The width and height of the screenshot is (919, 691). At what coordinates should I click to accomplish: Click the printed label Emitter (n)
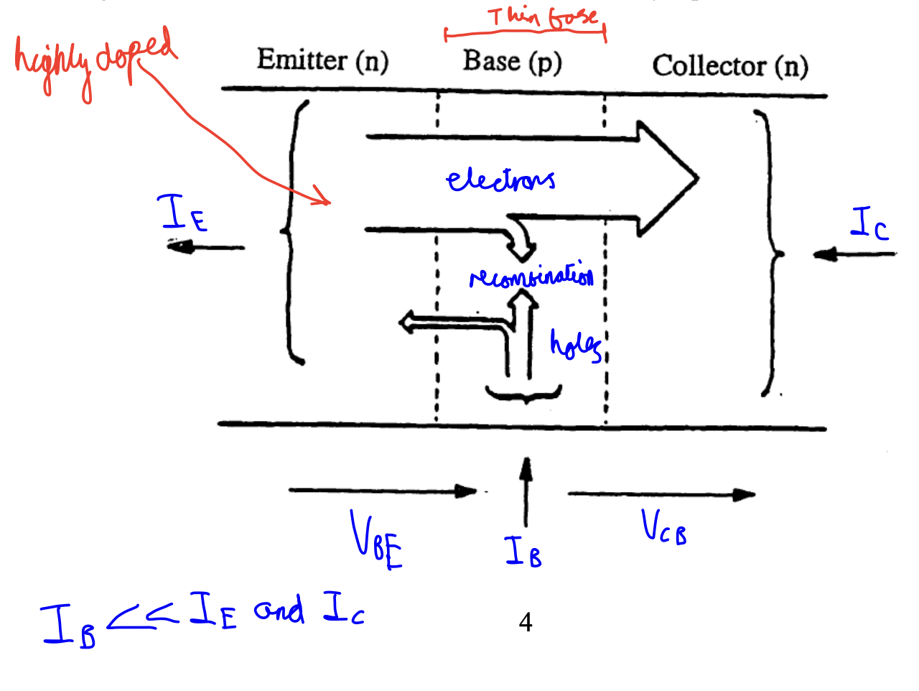coord(322,60)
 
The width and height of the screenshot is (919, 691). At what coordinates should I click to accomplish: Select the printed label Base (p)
coord(512,62)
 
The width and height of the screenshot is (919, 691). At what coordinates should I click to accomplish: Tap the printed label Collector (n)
coord(729,67)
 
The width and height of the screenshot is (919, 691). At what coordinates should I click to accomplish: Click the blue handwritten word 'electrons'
coord(500,180)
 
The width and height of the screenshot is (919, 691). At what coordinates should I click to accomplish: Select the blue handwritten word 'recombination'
coord(531,277)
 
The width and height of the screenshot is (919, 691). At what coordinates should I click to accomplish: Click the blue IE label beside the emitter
coord(182,213)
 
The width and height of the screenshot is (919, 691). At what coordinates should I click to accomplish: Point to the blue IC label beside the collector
coord(869,223)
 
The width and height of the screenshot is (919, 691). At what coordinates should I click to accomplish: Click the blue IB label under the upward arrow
coord(523,552)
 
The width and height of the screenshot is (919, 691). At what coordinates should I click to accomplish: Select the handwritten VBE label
coord(375,540)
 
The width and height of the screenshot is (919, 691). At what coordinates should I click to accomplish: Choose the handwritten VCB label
coord(663,527)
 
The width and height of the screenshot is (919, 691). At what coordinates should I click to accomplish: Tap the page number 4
coord(526,622)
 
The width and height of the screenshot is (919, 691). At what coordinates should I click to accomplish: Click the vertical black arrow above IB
coord(526,491)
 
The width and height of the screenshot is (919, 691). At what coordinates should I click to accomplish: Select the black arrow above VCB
coord(661,494)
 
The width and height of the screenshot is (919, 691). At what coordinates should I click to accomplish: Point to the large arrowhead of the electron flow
coord(668,178)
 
